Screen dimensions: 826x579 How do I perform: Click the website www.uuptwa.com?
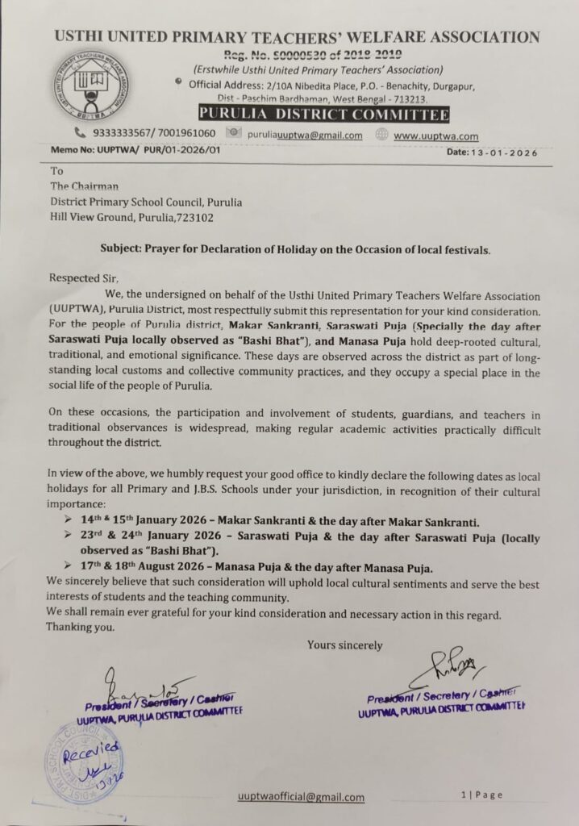(x=436, y=136)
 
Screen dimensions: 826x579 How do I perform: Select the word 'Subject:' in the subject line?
(x=124, y=249)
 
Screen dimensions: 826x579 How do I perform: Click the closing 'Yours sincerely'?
(x=344, y=645)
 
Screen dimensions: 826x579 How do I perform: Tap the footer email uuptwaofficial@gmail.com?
(x=301, y=797)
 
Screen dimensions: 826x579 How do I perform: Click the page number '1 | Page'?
(x=481, y=795)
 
